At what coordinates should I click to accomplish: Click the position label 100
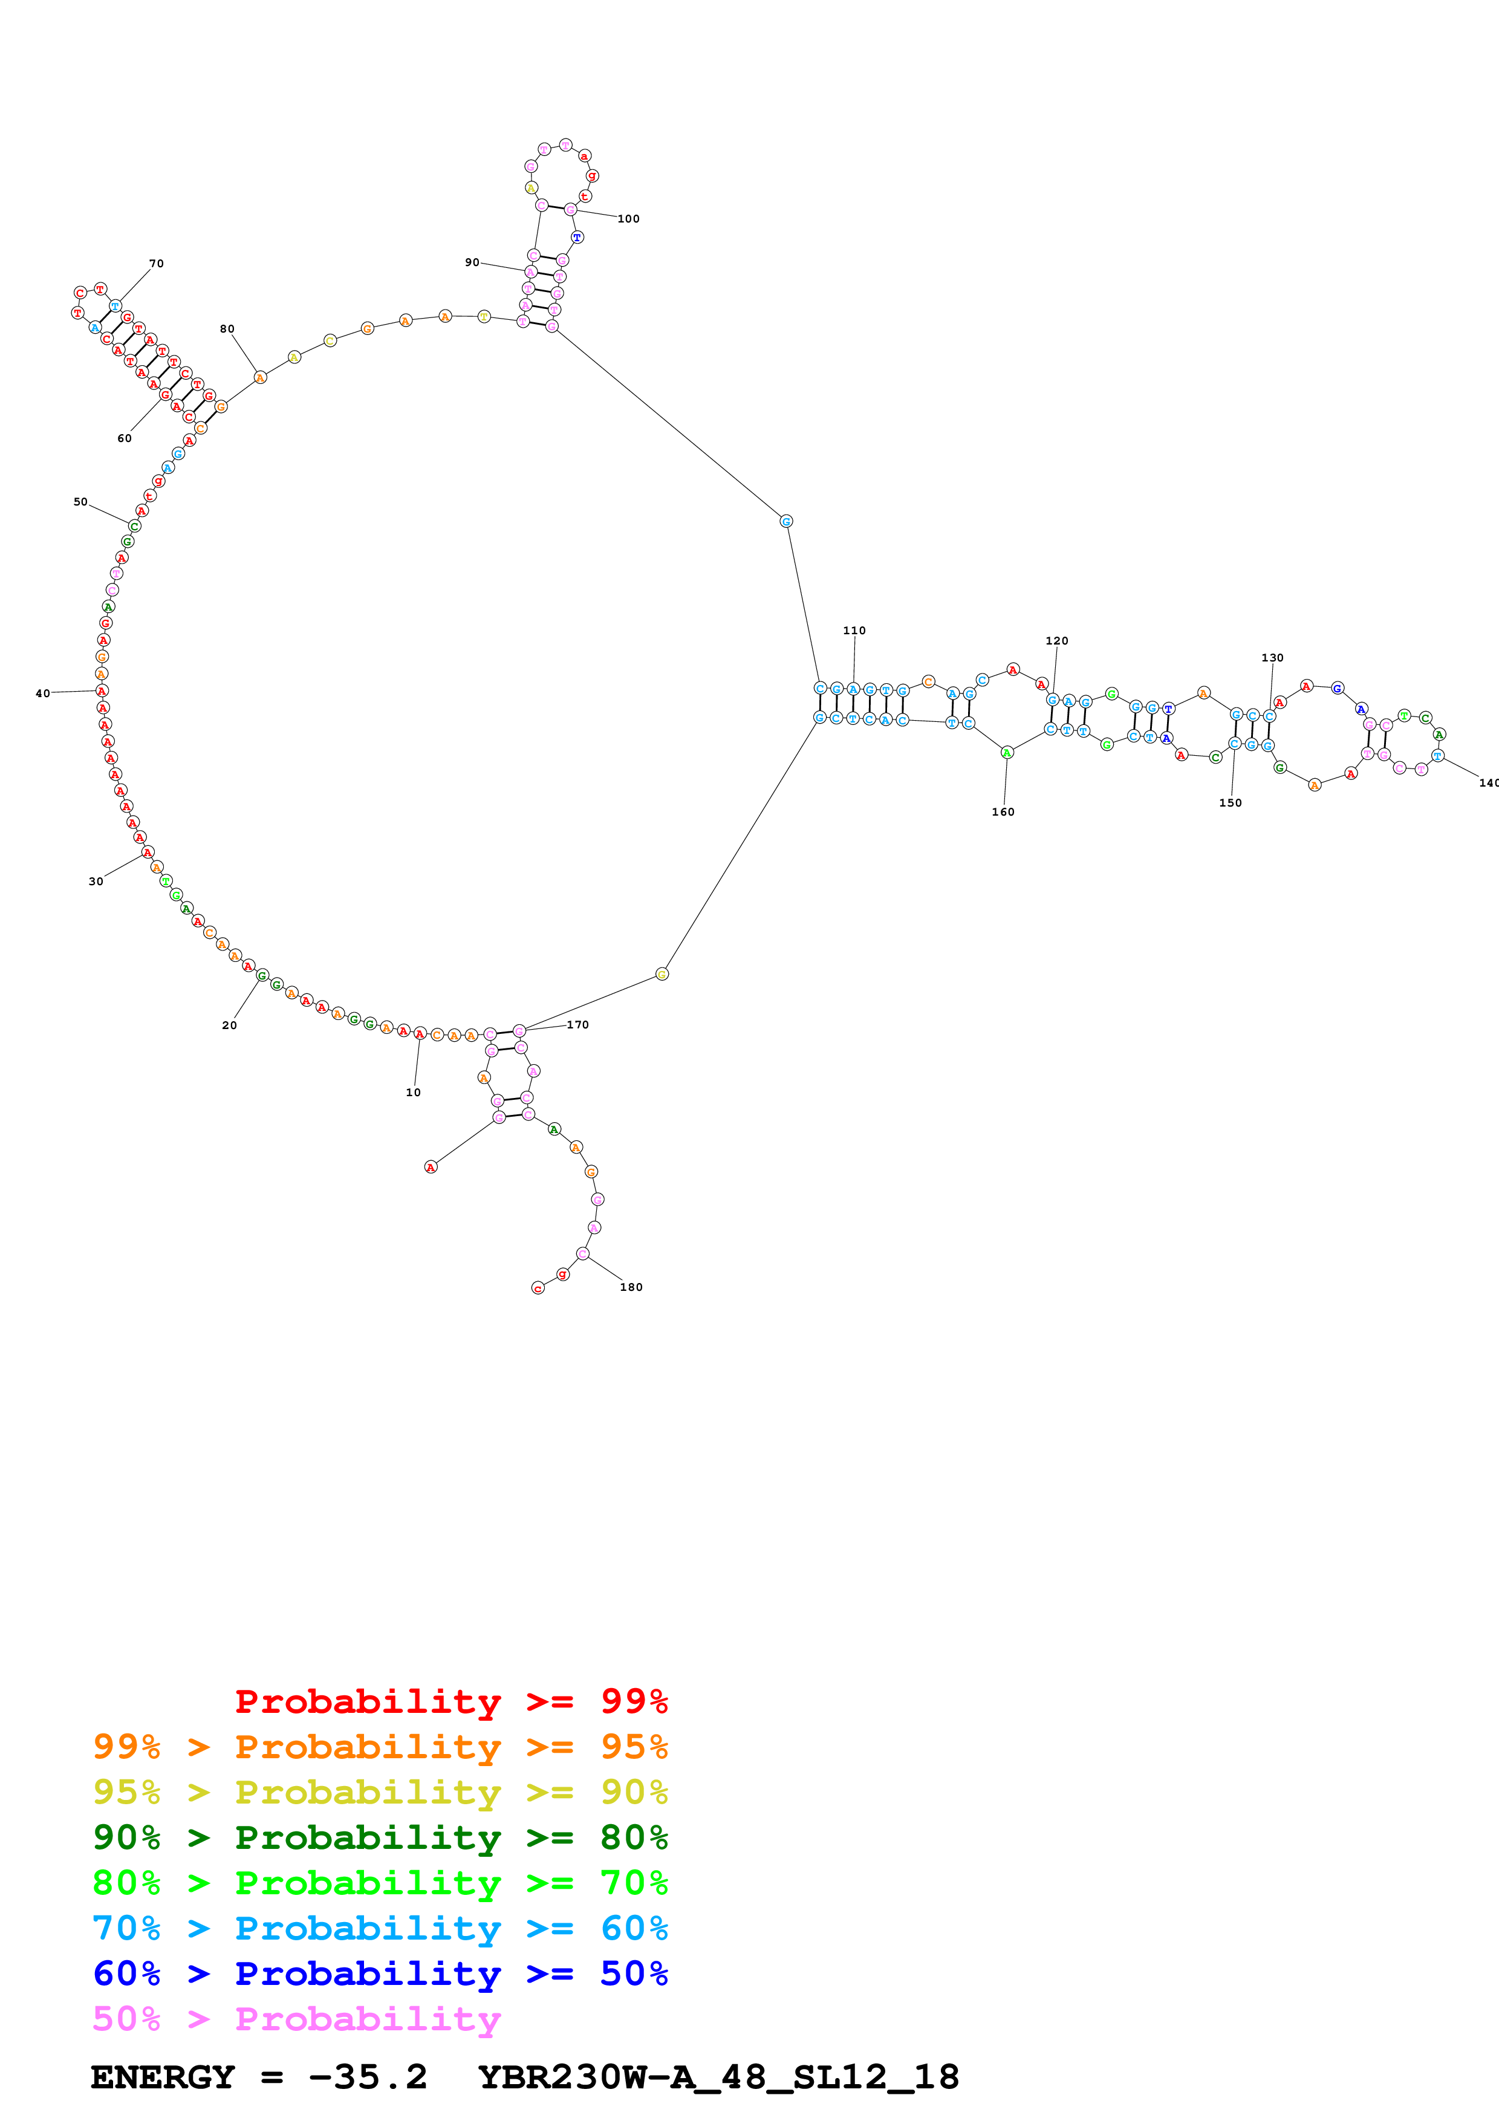coord(628,219)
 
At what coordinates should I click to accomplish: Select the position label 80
coord(227,329)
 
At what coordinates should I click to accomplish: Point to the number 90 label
coord(472,262)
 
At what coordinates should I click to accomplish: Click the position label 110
coord(854,631)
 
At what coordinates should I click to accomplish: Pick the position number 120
coord(1056,641)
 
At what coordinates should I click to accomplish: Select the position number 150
coord(1231,803)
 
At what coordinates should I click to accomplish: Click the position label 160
coord(1003,812)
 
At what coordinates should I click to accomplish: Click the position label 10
coord(413,1092)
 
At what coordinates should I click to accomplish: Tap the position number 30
coord(96,882)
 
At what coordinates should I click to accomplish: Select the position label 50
coord(80,502)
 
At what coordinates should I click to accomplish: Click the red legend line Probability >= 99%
coord(450,1701)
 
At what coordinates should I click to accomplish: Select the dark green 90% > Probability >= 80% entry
coord(380,1837)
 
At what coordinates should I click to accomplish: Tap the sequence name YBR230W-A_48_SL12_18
coord(718,2077)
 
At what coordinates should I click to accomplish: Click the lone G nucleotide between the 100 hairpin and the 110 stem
coord(786,521)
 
